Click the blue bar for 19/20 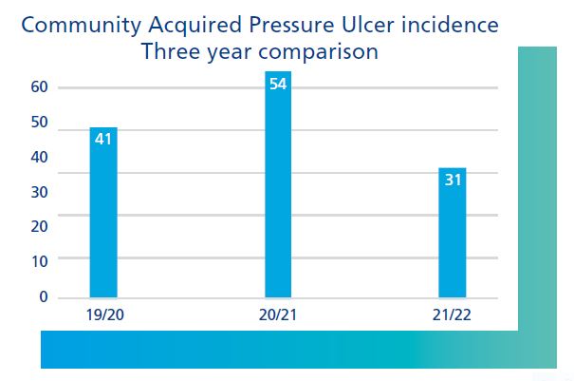tap(102, 214)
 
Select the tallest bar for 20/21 tap(278, 185)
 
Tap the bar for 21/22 tap(453, 233)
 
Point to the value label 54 tap(278, 84)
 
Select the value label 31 tap(453, 180)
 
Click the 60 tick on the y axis tap(39, 87)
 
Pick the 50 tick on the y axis tap(39, 123)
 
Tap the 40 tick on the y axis tap(39, 158)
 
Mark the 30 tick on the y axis tap(39, 193)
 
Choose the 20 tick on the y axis tap(39, 227)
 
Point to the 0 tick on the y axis tap(43, 297)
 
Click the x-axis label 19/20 tap(102, 314)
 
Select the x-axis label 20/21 tap(278, 314)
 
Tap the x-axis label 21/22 tap(453, 314)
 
